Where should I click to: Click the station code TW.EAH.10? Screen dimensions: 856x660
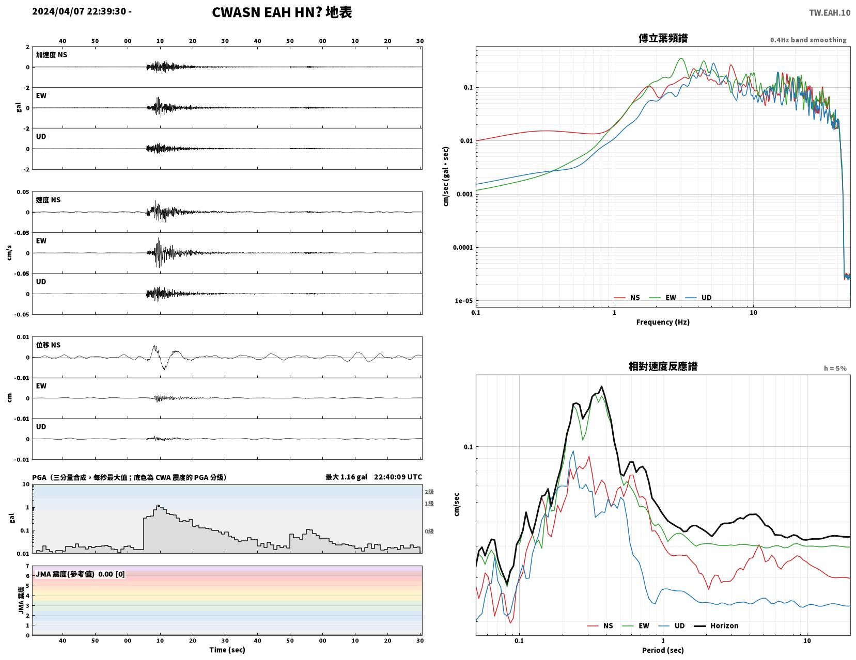830,13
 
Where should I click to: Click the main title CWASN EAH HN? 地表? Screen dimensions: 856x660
282,12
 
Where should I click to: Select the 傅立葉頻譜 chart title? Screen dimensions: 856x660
663,38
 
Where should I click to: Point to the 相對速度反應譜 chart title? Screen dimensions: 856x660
663,366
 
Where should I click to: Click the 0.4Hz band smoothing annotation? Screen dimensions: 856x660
808,40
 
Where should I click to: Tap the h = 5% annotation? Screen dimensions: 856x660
835,368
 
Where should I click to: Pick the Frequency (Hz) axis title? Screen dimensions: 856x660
663,322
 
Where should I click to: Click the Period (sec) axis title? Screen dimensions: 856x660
663,650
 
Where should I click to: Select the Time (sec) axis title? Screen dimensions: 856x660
227,650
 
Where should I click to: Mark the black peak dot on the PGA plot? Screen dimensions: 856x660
159,506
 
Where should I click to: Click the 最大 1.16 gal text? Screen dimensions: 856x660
346,477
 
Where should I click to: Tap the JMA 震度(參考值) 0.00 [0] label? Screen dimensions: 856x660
81,574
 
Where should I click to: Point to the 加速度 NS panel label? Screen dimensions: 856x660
52,55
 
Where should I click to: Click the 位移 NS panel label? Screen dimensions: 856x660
48,345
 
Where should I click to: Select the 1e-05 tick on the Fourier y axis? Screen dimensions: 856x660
463,301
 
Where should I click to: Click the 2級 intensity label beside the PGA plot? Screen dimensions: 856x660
429,492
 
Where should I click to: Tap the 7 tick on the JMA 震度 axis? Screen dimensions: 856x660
27,566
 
